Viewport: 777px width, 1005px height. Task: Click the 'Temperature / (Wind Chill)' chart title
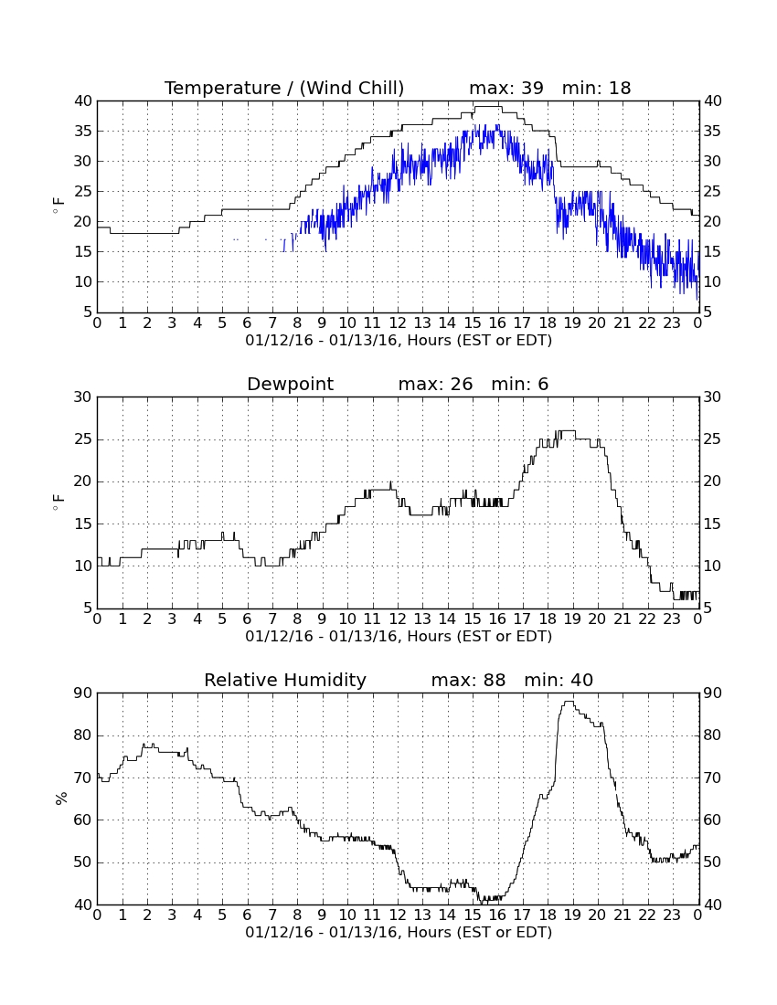[x=284, y=88]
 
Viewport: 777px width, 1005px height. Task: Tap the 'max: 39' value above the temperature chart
[x=506, y=88]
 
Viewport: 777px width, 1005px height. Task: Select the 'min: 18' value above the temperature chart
[x=596, y=88]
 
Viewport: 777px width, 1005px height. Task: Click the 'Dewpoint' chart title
[x=291, y=384]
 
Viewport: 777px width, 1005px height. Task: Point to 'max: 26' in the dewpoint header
[x=435, y=384]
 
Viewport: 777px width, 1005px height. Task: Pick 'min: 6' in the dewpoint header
[x=520, y=384]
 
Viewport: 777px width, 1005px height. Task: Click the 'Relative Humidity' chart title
[x=285, y=680]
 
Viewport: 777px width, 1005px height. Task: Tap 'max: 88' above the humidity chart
[x=468, y=680]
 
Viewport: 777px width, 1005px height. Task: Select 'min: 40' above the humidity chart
[x=559, y=680]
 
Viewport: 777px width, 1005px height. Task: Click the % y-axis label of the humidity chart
[x=61, y=798]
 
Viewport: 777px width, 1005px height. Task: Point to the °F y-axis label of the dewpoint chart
[x=59, y=502]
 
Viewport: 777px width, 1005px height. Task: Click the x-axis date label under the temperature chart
[x=399, y=341]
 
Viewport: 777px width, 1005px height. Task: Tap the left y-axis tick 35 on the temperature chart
[x=83, y=132]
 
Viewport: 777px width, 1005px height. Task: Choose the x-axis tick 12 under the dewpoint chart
[x=398, y=619]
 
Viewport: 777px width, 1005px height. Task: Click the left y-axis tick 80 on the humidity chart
[x=83, y=735]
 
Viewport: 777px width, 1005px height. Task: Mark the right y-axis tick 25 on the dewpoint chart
[x=712, y=439]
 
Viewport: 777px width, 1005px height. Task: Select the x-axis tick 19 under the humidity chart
[x=572, y=915]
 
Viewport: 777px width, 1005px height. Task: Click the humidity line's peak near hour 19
[x=568, y=701]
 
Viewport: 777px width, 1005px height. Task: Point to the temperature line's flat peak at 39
[x=487, y=106]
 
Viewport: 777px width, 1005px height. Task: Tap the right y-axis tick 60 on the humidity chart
[x=712, y=820]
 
